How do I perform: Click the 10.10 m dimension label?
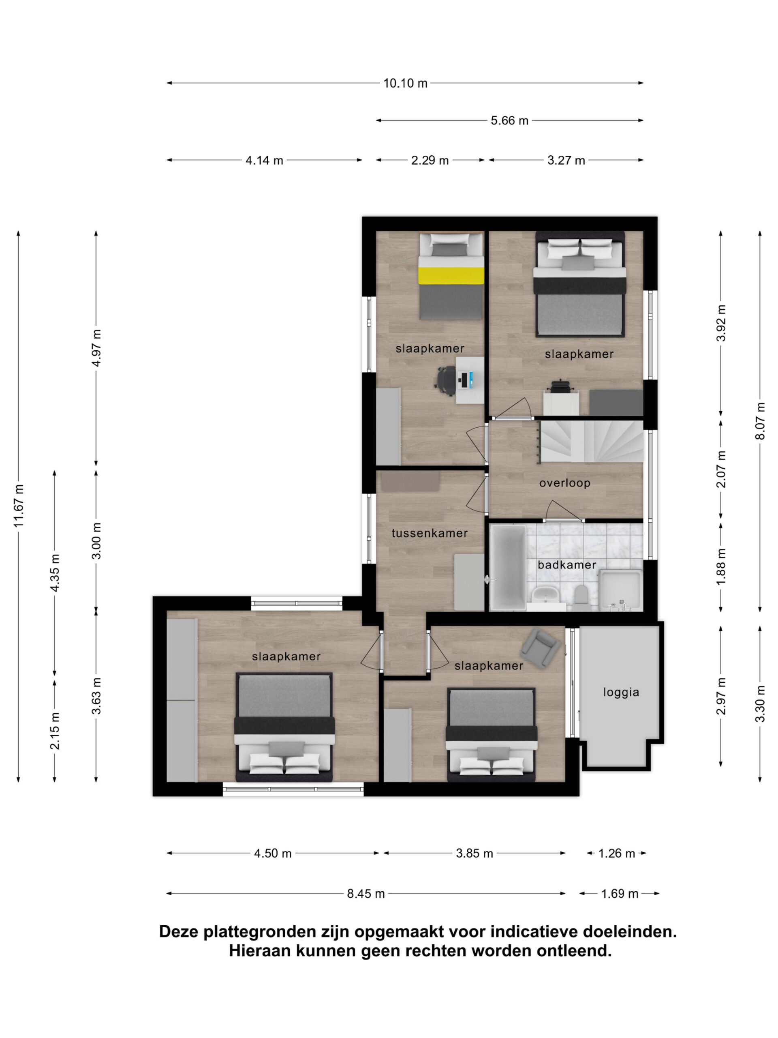pos(405,83)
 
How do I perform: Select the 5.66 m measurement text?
pos(509,120)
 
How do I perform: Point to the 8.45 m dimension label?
pos(366,894)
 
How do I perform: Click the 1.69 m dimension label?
pos(620,894)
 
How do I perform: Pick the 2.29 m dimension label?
pos(430,161)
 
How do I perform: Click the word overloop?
pos(564,483)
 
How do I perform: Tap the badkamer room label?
pos(567,564)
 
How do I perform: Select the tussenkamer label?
pos(430,533)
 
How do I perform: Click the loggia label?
pos(621,693)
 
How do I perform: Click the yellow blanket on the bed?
pos(451,275)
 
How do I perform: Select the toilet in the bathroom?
pos(581,594)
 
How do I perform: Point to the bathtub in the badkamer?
pos(508,567)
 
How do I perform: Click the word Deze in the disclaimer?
pos(179,931)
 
